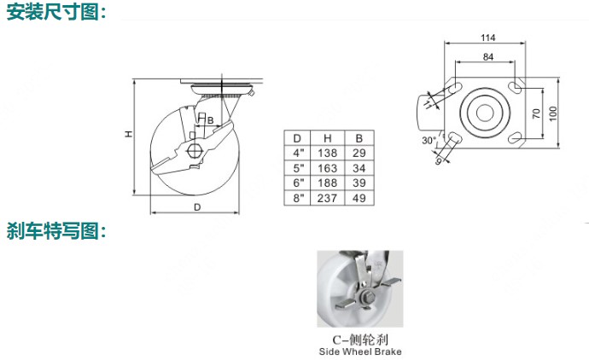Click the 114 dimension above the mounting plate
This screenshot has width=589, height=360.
click(x=488, y=38)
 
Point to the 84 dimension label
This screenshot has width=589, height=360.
click(x=488, y=56)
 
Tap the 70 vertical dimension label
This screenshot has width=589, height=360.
click(x=536, y=113)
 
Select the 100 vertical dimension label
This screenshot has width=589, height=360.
click(x=553, y=113)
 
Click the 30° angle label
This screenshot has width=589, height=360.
click(x=429, y=141)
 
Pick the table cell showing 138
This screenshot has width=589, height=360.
click(x=327, y=153)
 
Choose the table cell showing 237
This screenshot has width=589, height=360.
click(x=327, y=198)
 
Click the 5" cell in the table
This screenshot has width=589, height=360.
click(x=298, y=168)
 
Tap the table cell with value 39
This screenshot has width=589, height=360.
click(x=359, y=183)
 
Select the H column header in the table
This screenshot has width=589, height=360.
click(x=327, y=138)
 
